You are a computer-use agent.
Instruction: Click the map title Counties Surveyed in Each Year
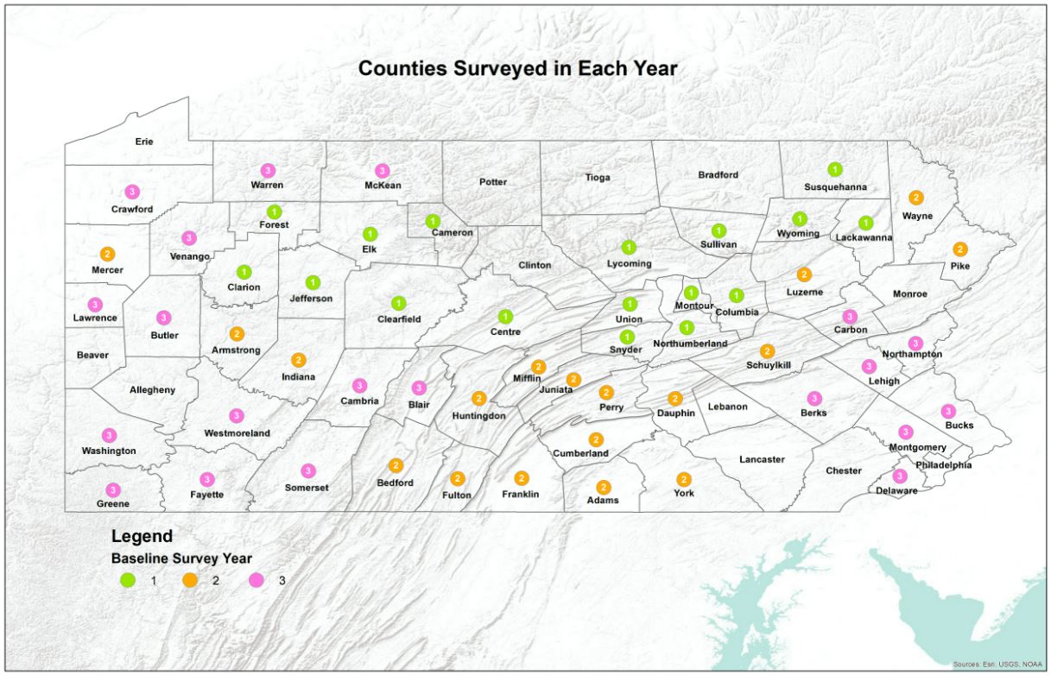click(517, 68)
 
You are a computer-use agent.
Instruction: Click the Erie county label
click(144, 141)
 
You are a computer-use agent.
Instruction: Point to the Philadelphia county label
click(943, 464)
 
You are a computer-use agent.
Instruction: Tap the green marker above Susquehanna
click(834, 169)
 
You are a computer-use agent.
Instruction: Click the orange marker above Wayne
click(916, 198)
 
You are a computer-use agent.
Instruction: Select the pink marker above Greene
click(113, 490)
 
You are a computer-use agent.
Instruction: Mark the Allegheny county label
click(152, 389)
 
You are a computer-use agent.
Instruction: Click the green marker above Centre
click(505, 316)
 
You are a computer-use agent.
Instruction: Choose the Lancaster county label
click(762, 459)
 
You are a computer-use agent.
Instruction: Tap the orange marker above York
click(684, 479)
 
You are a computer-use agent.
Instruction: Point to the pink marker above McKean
click(382, 171)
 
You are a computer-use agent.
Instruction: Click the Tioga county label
click(598, 178)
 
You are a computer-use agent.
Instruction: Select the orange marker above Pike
click(959, 249)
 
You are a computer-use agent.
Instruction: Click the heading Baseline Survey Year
click(181, 558)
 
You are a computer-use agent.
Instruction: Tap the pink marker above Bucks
click(948, 411)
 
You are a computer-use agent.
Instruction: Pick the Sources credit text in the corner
click(997, 664)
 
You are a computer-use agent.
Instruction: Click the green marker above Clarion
click(244, 272)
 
